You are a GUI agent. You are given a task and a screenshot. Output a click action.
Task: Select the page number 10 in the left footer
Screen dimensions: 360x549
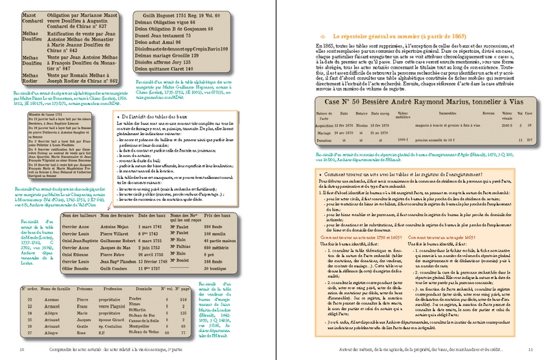tap(15, 352)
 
